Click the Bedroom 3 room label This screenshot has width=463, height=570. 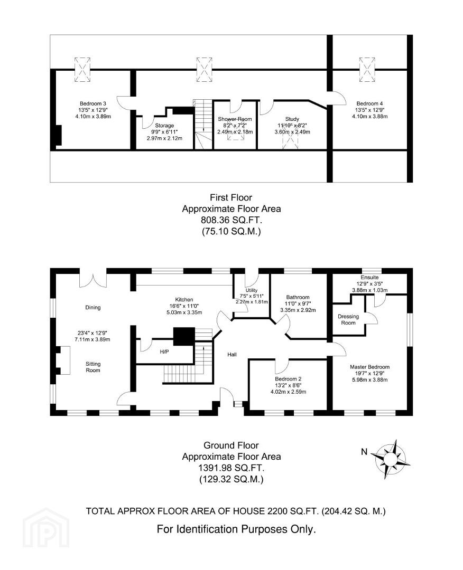(93, 103)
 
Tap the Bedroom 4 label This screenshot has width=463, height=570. (369, 103)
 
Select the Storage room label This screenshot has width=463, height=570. (164, 126)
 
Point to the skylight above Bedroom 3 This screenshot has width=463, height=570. (82, 70)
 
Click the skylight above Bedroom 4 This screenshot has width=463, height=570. (367, 70)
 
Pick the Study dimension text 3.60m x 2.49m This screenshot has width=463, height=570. (292, 132)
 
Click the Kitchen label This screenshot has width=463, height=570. (184, 300)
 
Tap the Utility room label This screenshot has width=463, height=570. (252, 290)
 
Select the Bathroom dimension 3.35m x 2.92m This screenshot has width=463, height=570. (298, 310)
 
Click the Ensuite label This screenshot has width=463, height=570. (369, 278)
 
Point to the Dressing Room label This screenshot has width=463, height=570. (348, 319)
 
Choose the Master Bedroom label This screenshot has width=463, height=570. (370, 367)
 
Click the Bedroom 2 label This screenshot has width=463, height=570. (288, 379)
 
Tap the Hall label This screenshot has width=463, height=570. (232, 355)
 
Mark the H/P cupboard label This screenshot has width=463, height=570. (164, 352)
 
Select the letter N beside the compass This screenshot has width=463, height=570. (364, 452)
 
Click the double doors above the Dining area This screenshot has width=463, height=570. (93, 278)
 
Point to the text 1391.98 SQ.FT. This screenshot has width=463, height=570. (231, 468)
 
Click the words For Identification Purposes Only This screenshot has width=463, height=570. (236, 529)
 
